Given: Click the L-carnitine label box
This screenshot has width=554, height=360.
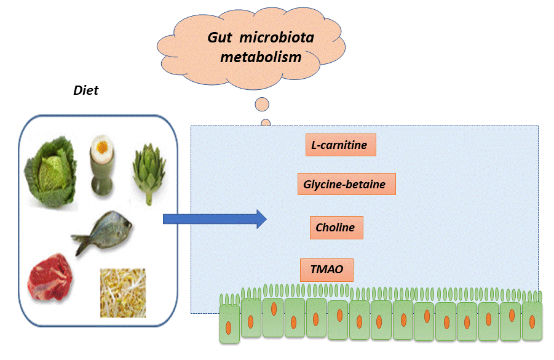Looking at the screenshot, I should click(340, 145).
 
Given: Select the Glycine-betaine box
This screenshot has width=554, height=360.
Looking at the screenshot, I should click(346, 184).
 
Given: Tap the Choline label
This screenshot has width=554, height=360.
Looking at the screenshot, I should click(336, 228).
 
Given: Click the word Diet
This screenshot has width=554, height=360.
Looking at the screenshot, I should click(86, 90).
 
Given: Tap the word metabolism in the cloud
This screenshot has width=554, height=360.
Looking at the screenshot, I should click(271, 57).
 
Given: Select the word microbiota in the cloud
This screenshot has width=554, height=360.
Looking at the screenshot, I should click(276, 38).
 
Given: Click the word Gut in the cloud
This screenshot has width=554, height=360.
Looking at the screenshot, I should click(221, 38).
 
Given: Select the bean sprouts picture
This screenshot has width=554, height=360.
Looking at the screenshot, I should click(123, 292).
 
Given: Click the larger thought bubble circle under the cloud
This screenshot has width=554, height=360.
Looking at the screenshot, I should click(261, 105).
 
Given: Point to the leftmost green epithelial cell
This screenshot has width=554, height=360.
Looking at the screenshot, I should click(229, 323).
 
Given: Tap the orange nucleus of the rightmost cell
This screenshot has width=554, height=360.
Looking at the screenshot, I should click(531, 320).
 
